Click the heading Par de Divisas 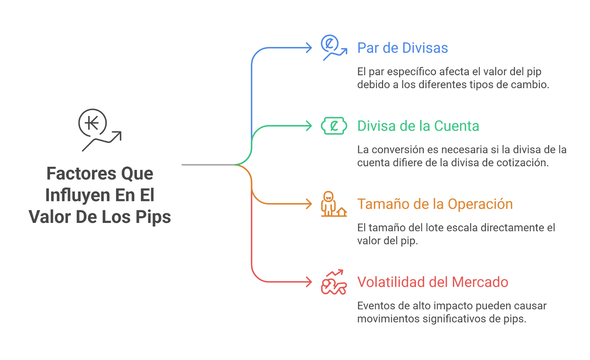pyautogui.click(x=402, y=48)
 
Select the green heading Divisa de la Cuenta pyautogui.click(x=418, y=126)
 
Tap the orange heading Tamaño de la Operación pyautogui.click(x=435, y=204)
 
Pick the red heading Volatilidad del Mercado pyautogui.click(x=433, y=282)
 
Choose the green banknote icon pyautogui.click(x=334, y=126)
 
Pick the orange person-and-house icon pyautogui.click(x=334, y=204)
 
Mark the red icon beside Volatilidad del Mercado pyautogui.click(x=334, y=282)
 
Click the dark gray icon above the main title pyautogui.click(x=100, y=130)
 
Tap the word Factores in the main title pyautogui.click(x=81, y=174)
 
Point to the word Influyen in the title pyautogui.click(x=77, y=195)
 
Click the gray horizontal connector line pyautogui.click(x=208, y=165)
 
